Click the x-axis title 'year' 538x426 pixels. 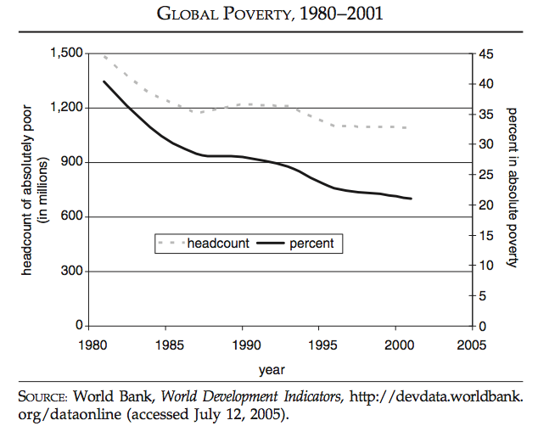272,370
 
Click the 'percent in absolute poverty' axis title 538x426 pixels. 512,188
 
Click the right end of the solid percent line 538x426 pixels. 412,199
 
